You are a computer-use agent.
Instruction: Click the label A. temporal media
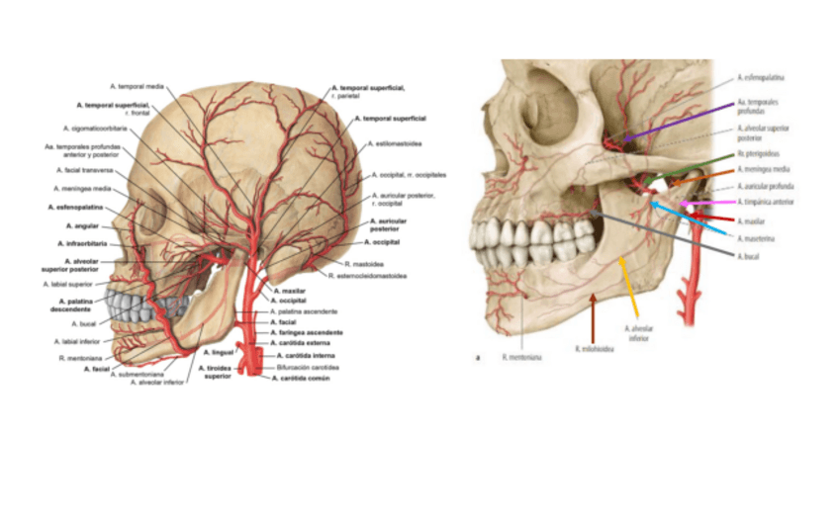137,86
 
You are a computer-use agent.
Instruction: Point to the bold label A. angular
79,225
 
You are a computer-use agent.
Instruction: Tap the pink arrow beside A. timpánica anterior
698,203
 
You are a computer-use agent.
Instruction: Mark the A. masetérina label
755,238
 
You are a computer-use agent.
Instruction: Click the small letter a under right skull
479,358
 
